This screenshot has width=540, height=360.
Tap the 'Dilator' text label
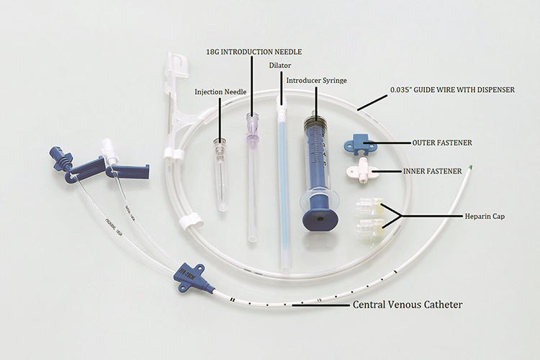pyautogui.click(x=280, y=66)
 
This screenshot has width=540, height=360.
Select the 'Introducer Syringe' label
pyautogui.click(x=317, y=80)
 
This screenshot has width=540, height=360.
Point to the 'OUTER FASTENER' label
pyautogui.click(x=442, y=143)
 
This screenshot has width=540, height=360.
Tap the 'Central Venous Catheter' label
pyautogui.click(x=407, y=305)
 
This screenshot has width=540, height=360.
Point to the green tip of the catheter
pyautogui.click(x=469, y=171)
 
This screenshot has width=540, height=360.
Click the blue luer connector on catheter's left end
pyautogui.click(x=57, y=156)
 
